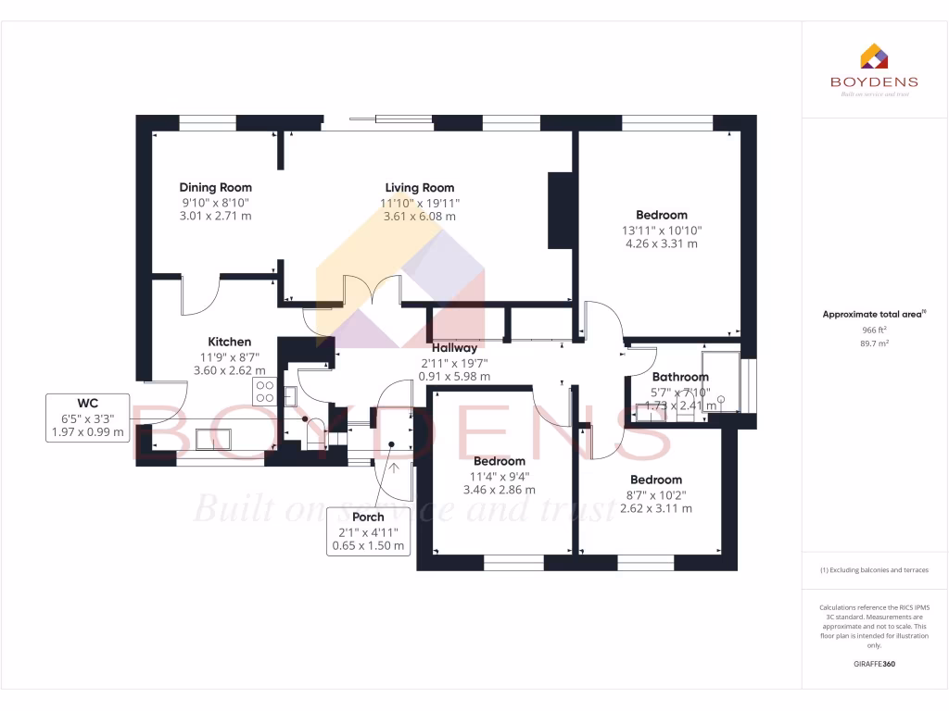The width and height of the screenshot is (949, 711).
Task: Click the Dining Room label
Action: click(x=215, y=188)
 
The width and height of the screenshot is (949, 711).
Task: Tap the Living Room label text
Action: click(x=420, y=188)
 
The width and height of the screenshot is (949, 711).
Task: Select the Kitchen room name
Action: click(x=229, y=342)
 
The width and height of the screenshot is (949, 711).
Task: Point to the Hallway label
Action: click(x=454, y=347)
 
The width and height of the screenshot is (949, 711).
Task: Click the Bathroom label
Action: click(x=680, y=377)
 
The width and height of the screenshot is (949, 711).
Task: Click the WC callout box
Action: click(x=87, y=418)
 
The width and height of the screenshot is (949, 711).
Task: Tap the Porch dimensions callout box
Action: click(x=369, y=531)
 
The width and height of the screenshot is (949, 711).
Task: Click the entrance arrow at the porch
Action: click(x=395, y=468)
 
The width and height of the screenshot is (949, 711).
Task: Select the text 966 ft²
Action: click(x=874, y=329)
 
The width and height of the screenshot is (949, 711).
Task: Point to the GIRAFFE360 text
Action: click(x=874, y=664)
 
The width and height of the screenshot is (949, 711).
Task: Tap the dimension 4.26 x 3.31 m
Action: click(x=661, y=244)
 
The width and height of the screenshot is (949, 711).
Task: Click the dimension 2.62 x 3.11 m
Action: click(x=655, y=508)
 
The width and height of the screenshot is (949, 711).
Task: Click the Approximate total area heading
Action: click(x=874, y=315)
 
